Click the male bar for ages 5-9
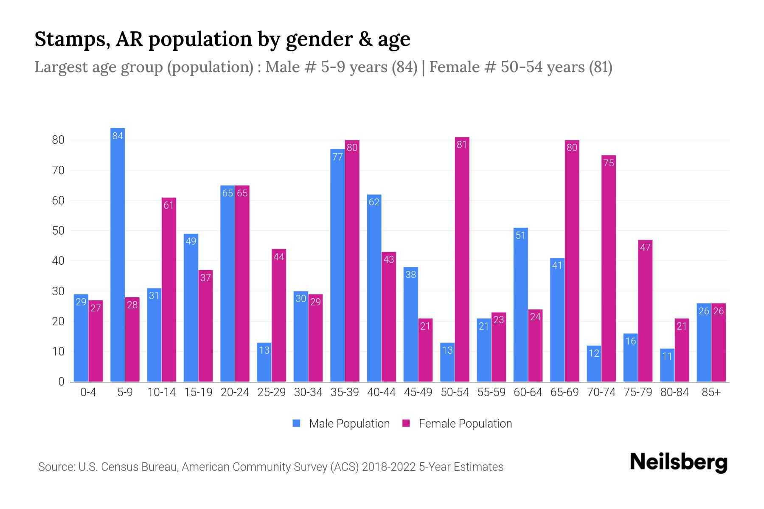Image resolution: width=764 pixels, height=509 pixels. [x=118, y=255]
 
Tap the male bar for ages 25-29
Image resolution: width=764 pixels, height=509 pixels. [x=264, y=362]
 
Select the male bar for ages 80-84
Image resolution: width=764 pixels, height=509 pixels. [x=667, y=365]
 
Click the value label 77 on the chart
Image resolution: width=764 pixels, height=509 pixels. [x=337, y=157]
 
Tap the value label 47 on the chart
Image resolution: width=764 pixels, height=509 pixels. [x=645, y=247]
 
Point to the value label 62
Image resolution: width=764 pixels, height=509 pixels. [x=374, y=202]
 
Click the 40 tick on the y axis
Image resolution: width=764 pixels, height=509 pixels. [x=58, y=261]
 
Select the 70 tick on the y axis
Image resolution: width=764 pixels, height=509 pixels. [x=58, y=171]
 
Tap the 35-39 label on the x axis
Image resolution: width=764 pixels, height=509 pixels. [x=345, y=392]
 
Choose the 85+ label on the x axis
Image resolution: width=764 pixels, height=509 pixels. [x=711, y=392]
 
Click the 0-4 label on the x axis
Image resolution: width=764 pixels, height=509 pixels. [x=88, y=392]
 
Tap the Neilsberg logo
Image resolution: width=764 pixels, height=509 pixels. [x=678, y=462]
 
